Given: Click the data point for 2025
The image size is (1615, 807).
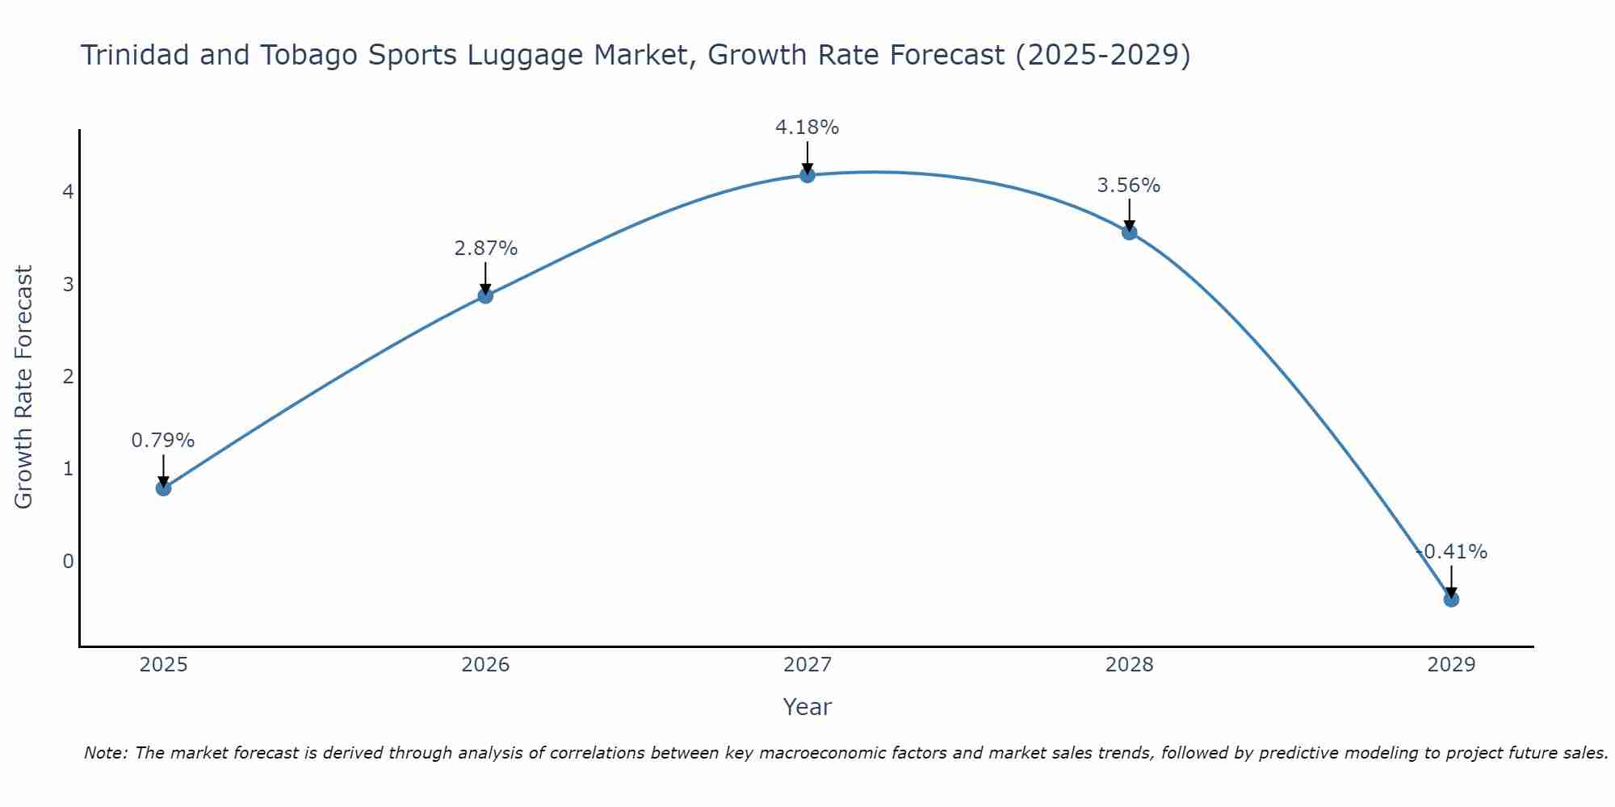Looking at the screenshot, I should click(163, 487).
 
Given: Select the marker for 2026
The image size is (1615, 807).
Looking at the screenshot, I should click(485, 295).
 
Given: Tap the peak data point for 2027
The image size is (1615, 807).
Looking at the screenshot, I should click(807, 175).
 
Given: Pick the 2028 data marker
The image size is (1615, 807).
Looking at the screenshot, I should click(1130, 232).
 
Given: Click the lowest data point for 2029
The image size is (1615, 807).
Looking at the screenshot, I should click(1451, 599).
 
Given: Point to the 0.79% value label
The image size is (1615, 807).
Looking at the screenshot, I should click(163, 441).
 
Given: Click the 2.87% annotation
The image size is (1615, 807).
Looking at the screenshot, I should click(485, 249).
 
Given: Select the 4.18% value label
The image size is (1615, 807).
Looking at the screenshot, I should click(807, 128).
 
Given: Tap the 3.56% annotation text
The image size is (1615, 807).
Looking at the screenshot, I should click(1129, 186).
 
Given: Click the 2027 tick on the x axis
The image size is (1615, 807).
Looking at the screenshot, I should click(807, 665).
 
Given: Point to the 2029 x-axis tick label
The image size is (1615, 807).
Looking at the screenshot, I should click(1451, 665).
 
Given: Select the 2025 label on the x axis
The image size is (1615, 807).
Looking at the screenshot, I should click(163, 665).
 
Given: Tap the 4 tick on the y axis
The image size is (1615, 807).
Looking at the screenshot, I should click(69, 192).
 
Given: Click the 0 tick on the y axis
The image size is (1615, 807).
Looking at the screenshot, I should click(69, 561).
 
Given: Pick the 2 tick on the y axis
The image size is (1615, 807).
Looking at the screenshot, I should click(69, 377).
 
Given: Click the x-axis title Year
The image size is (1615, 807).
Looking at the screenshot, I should click(807, 707).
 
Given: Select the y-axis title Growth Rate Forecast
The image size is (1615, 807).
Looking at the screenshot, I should click(24, 387).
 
